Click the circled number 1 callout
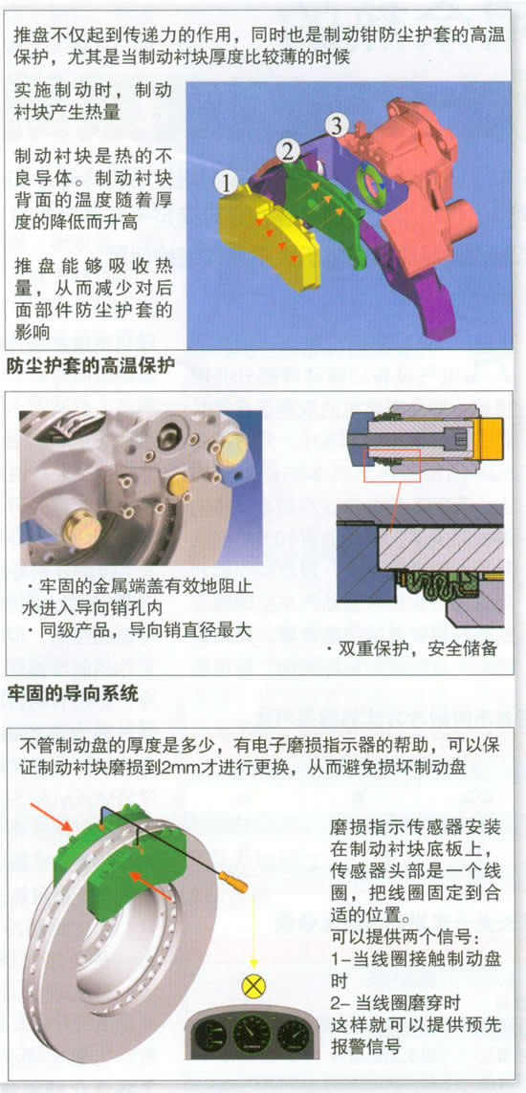[x=227, y=184]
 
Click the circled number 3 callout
[x=337, y=126]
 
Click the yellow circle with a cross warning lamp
[x=252, y=986]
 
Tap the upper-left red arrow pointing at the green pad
[x=60, y=816]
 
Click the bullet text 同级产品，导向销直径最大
[x=136, y=631]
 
